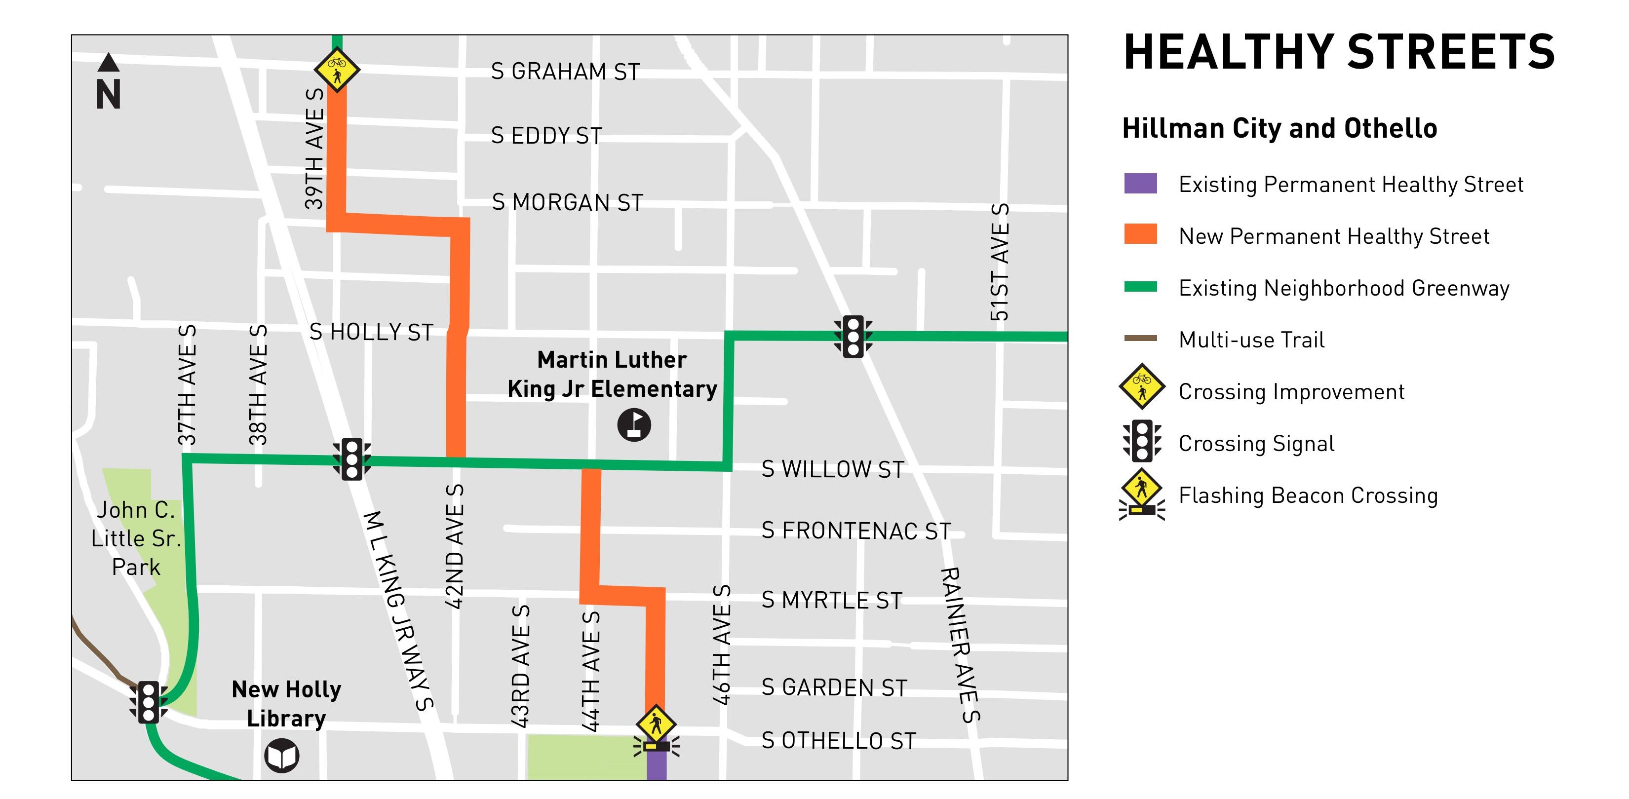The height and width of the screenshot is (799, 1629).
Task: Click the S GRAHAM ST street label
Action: tap(565, 72)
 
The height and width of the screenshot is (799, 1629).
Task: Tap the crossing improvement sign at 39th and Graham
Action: tap(337, 69)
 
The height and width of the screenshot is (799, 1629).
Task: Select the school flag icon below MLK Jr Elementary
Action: tap(634, 425)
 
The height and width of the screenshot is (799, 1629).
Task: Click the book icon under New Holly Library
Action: tap(281, 756)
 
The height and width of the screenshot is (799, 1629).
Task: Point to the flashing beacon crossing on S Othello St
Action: tap(656, 733)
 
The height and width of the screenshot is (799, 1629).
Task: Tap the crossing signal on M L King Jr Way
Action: tap(351, 459)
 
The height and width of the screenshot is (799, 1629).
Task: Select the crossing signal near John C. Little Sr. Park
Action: tap(149, 702)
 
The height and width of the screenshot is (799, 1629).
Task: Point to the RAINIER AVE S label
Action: tap(959, 645)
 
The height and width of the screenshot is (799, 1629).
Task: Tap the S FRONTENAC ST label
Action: tap(855, 531)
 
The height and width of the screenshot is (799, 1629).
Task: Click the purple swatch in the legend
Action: tap(1140, 183)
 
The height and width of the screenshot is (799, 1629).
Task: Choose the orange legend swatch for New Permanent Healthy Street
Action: tap(1140, 234)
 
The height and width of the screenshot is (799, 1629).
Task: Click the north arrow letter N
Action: tap(108, 95)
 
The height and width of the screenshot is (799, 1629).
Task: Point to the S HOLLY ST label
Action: tap(371, 332)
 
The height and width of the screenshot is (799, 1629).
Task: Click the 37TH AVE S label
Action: tap(187, 385)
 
